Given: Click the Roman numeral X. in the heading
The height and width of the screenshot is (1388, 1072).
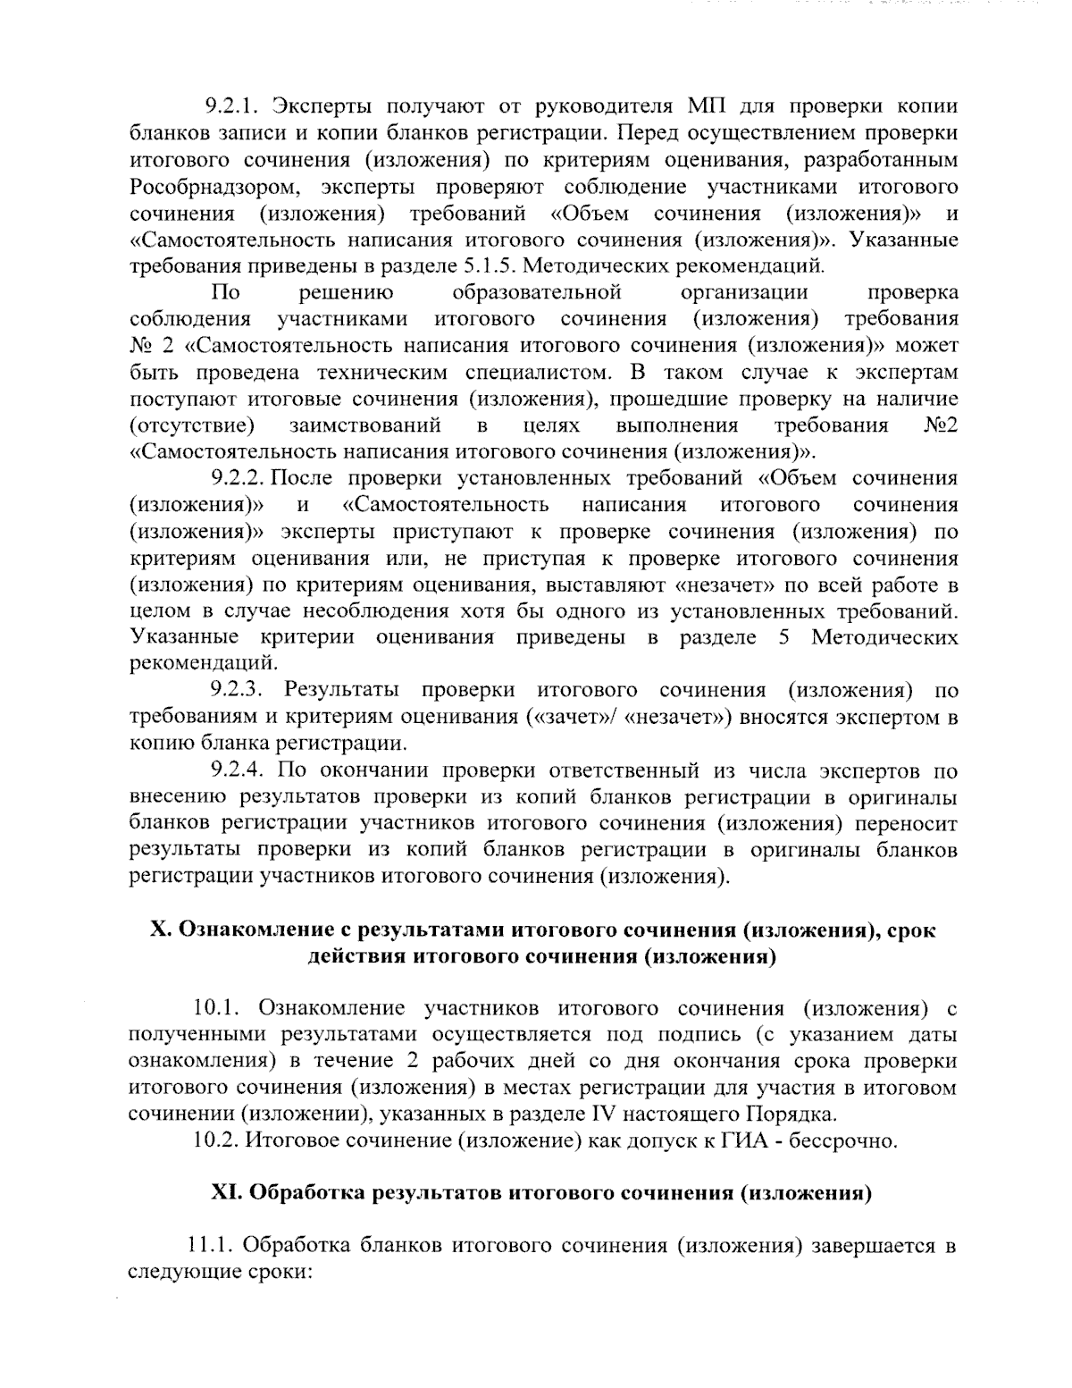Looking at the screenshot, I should click(160, 930).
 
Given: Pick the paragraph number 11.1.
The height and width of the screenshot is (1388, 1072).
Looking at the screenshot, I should click(210, 1246).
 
